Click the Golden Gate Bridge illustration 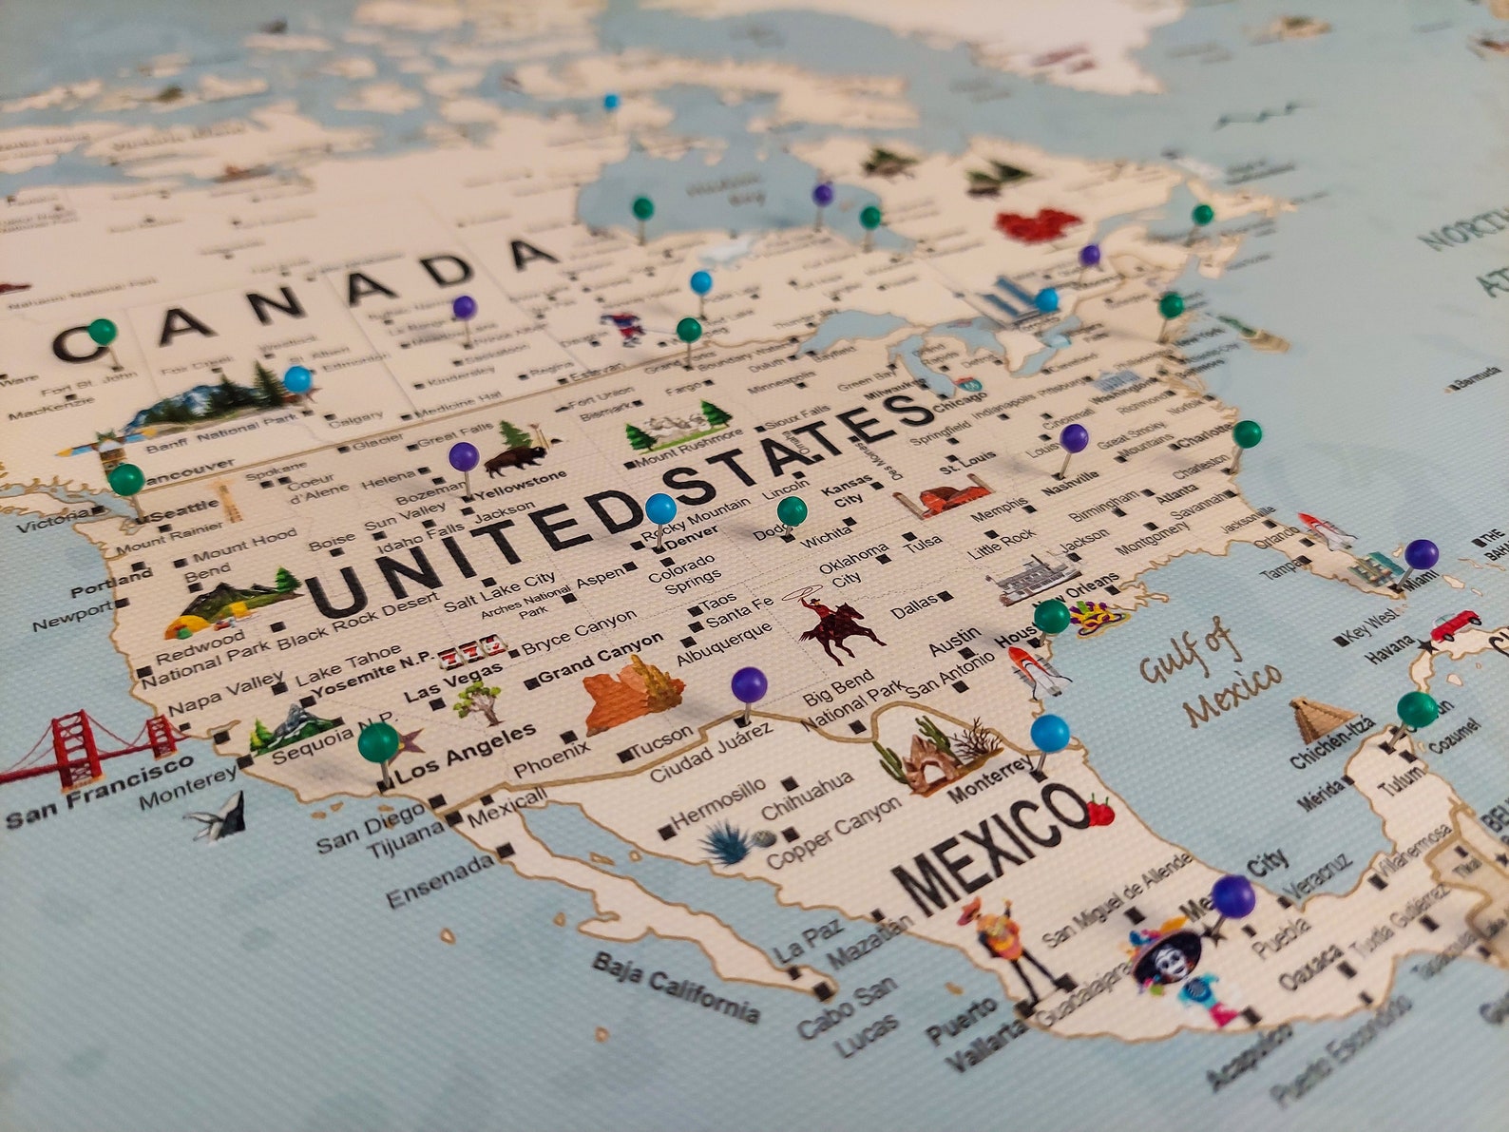[90, 746]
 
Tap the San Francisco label [100, 789]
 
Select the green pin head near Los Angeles [378, 741]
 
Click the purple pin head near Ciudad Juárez [749, 683]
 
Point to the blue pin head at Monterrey [1049, 733]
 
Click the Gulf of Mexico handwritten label [1211, 671]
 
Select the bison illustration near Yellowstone [514, 459]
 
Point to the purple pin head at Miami [1421, 553]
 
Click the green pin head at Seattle [126, 478]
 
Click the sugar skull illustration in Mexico [1169, 959]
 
